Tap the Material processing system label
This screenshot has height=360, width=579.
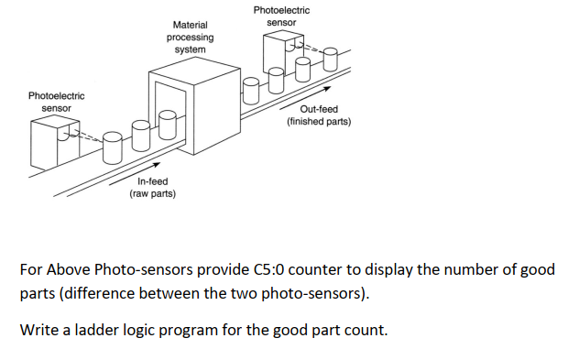pos(190,37)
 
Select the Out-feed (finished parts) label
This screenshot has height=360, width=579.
pos(318,115)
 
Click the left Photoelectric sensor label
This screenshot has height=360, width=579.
pos(57,102)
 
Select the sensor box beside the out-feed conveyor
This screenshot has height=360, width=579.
pos(281,52)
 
